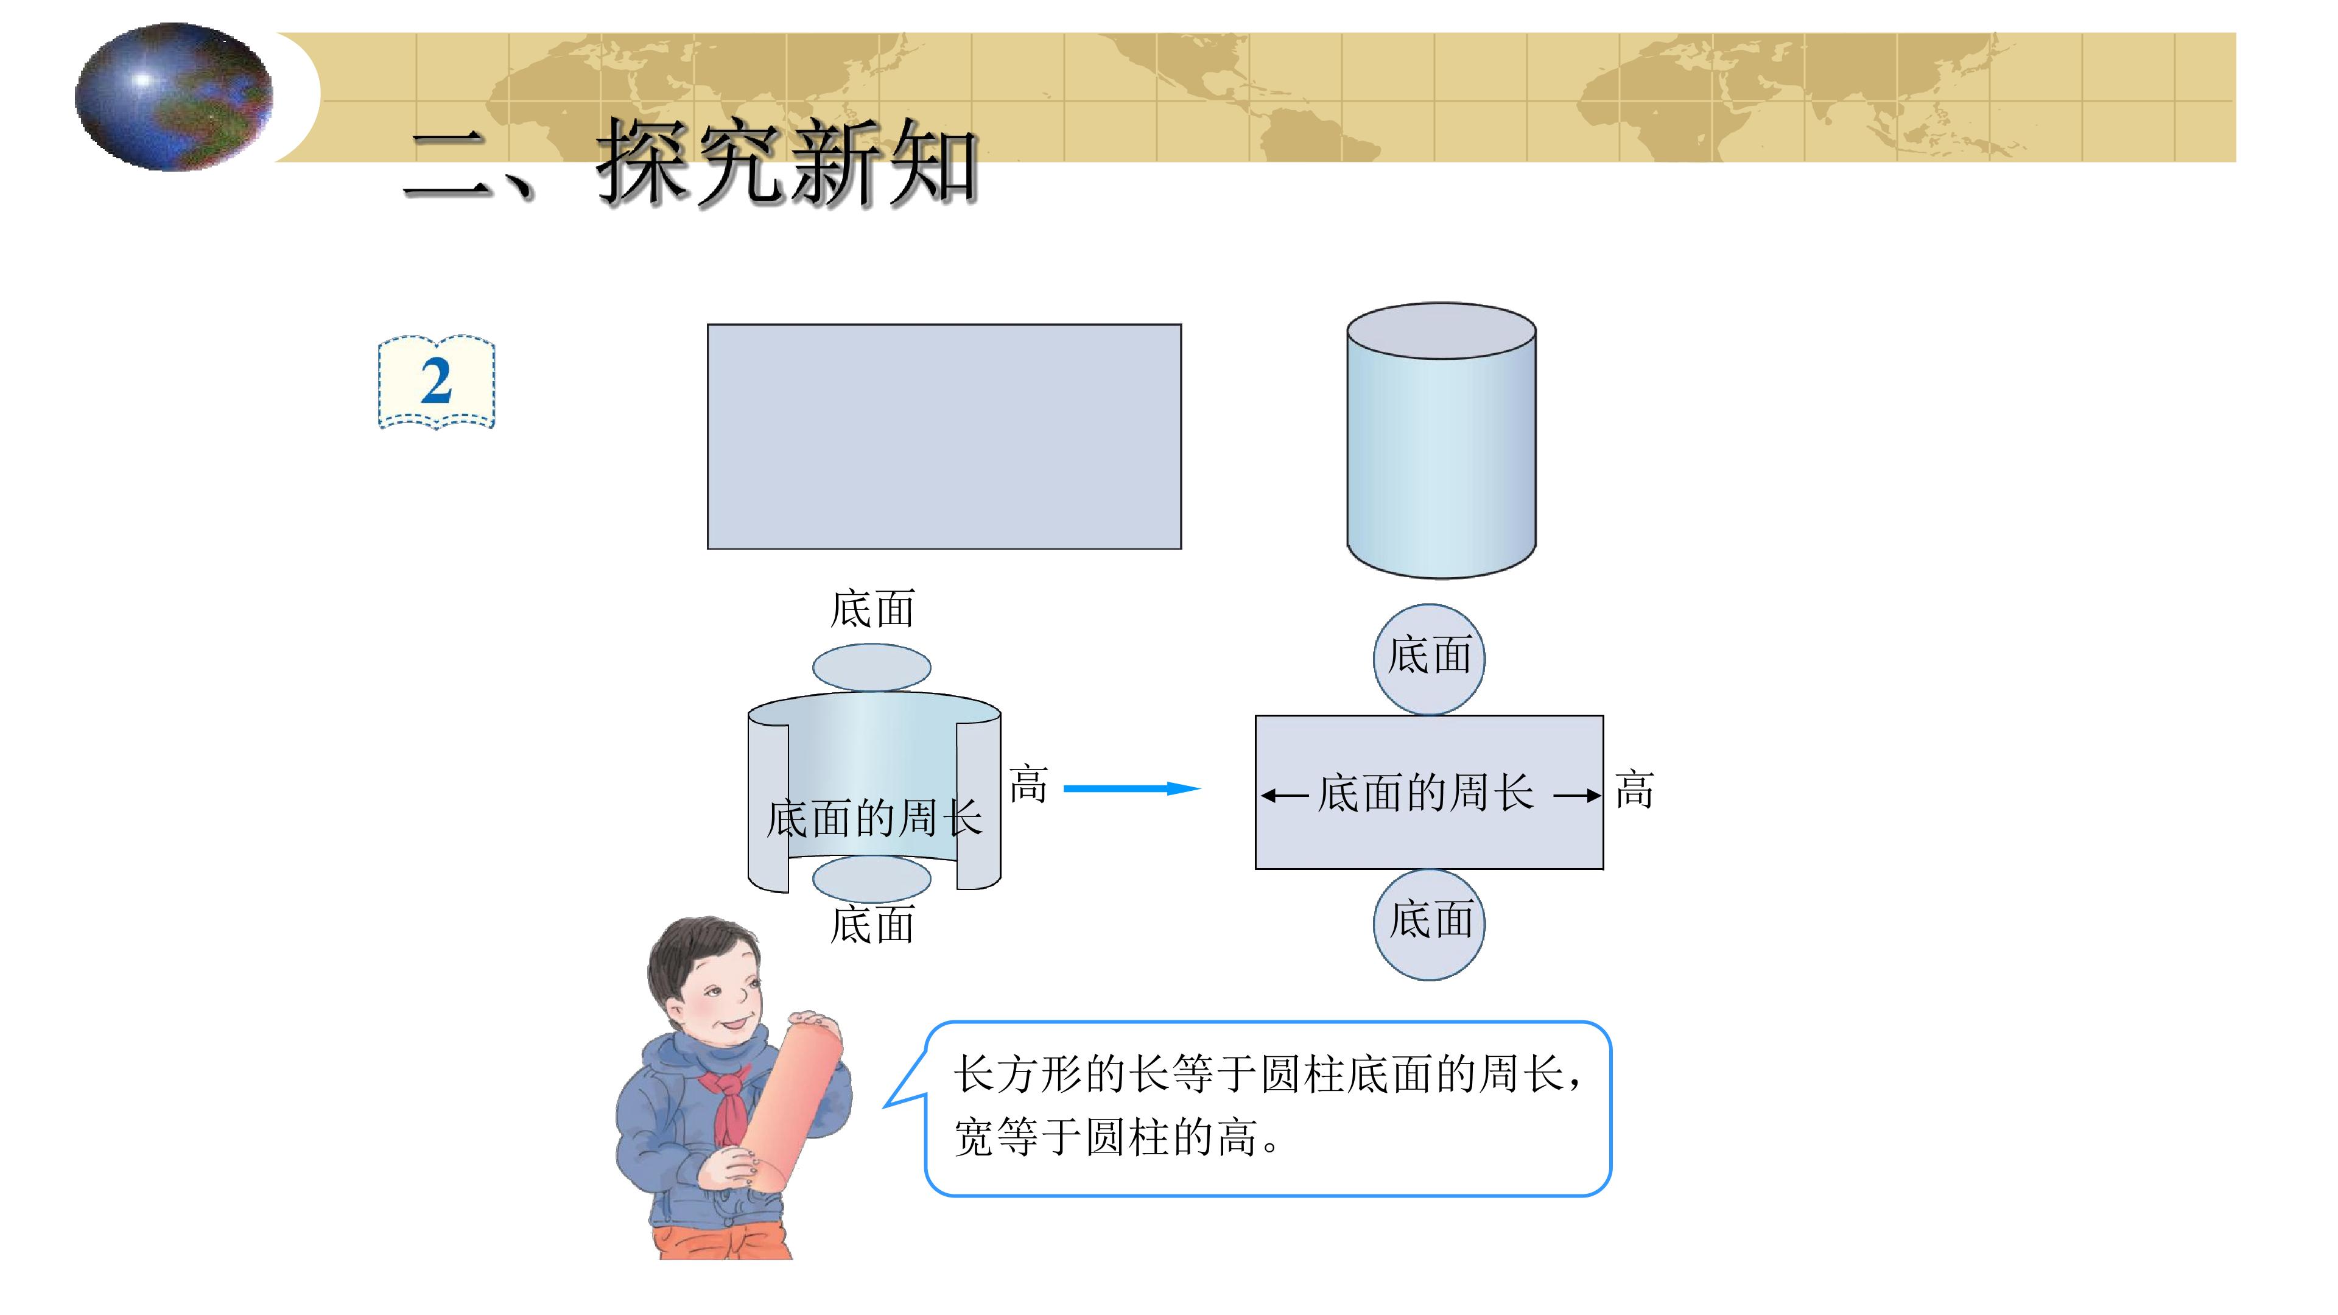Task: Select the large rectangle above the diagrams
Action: (944, 437)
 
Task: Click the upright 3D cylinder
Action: (1441, 440)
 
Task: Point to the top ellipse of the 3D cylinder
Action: (1441, 331)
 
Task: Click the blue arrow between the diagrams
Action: (1132, 788)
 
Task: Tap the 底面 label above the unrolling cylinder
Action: (872, 609)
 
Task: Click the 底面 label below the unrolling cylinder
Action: (872, 925)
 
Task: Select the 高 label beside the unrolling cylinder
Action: (1028, 784)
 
